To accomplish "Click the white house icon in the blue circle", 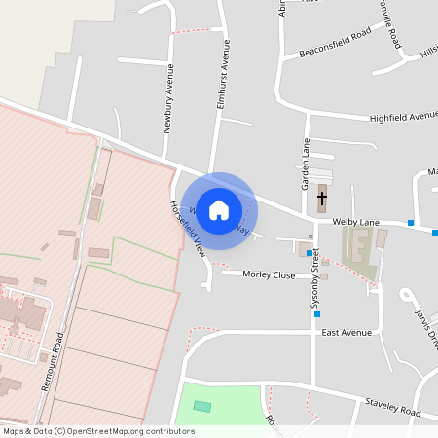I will (x=219, y=209).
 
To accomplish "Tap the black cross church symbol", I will (x=322, y=199).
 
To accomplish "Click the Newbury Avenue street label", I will (x=168, y=97).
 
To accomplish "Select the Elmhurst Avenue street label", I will (x=224, y=79).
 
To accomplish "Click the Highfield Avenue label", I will (x=403, y=116).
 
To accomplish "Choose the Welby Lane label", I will (x=355, y=223).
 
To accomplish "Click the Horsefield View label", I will (x=187, y=228).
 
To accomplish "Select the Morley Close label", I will (x=269, y=275).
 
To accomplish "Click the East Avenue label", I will (x=347, y=333).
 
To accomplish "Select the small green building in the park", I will (x=201, y=406).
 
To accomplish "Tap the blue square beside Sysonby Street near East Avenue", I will (x=316, y=313).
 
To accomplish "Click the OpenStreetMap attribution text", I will (x=98, y=431).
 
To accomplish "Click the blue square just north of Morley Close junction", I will (x=310, y=253).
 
